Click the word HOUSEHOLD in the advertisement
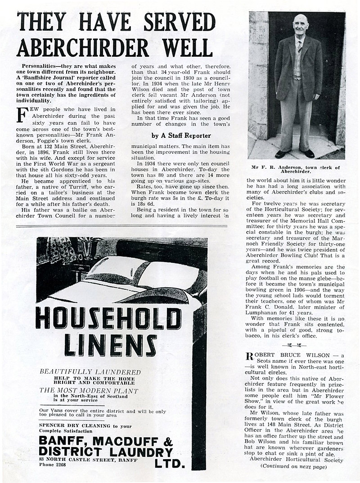(x=108, y=319)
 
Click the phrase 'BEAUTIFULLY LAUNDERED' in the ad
(x=90, y=372)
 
